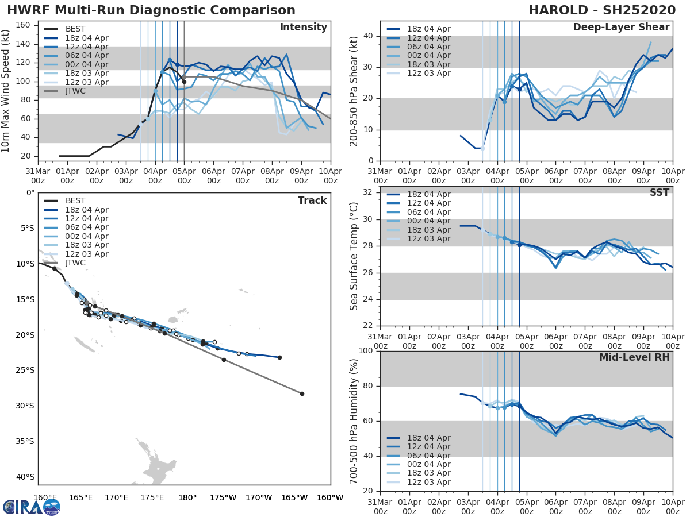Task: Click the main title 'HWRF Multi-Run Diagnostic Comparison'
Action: pyautogui.click(x=151, y=10)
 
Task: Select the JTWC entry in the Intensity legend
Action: pyautogui.click(x=75, y=91)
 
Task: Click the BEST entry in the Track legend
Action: pyautogui.click(x=75, y=201)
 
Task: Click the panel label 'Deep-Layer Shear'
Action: pyautogui.click(x=621, y=28)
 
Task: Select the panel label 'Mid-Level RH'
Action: pyautogui.click(x=634, y=357)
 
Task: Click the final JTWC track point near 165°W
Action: pyautogui.click(x=302, y=393)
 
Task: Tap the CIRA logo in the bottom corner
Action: pyautogui.click(x=31, y=507)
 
